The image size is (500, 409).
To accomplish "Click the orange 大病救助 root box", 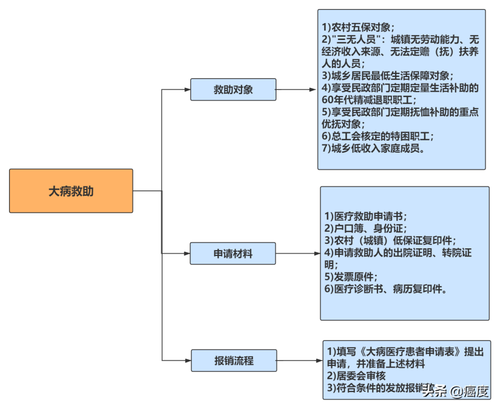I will pyautogui.click(x=71, y=191).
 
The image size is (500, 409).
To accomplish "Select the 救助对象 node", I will pyautogui.click(x=233, y=90).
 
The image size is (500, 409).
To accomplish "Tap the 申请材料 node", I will pyautogui.click(x=233, y=254).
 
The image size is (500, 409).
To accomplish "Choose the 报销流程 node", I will pyautogui.click(x=233, y=360).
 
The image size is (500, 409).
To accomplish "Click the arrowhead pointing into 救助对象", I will pyautogui.click(x=187, y=90).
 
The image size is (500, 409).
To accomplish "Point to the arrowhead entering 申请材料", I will pyautogui.click(x=186, y=254).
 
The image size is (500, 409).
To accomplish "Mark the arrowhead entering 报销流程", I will pyautogui.click(x=187, y=360).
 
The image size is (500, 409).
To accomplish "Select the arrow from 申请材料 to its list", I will pyautogui.click(x=298, y=254).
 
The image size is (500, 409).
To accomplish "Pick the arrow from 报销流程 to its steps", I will pyautogui.click(x=300, y=360).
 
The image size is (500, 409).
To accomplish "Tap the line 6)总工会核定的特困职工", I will pyautogui.click(x=377, y=136).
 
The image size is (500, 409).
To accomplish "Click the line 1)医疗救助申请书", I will pyautogui.click(x=366, y=216).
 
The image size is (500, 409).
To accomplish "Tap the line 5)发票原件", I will pyautogui.click(x=351, y=277).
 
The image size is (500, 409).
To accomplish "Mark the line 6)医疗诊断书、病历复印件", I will pyautogui.click(x=385, y=289).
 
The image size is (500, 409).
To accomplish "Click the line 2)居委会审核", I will pyautogui.click(x=356, y=376).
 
